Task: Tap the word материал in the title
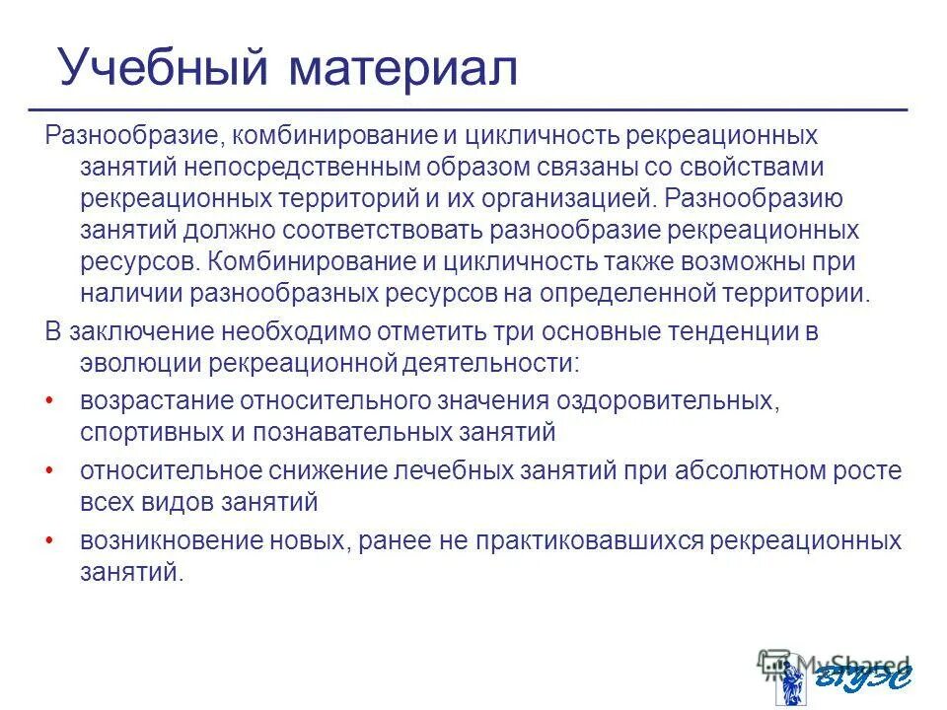tap(403, 66)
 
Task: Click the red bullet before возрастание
tap(50, 401)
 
